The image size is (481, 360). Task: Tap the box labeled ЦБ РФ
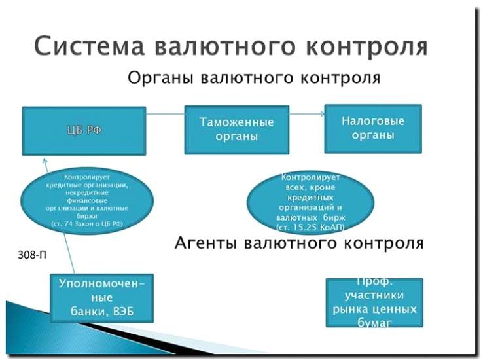[84, 130]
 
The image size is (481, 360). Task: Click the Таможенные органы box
[237, 129]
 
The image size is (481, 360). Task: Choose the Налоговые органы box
[373, 128]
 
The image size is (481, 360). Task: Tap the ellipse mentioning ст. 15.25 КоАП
[310, 201]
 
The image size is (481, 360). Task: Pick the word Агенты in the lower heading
[207, 243]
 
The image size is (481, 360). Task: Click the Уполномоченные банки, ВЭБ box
[102, 297]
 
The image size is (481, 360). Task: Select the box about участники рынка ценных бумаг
[374, 302]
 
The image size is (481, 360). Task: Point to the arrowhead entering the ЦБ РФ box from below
[44, 162]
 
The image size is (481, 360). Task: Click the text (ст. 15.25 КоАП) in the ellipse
[310, 226]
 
